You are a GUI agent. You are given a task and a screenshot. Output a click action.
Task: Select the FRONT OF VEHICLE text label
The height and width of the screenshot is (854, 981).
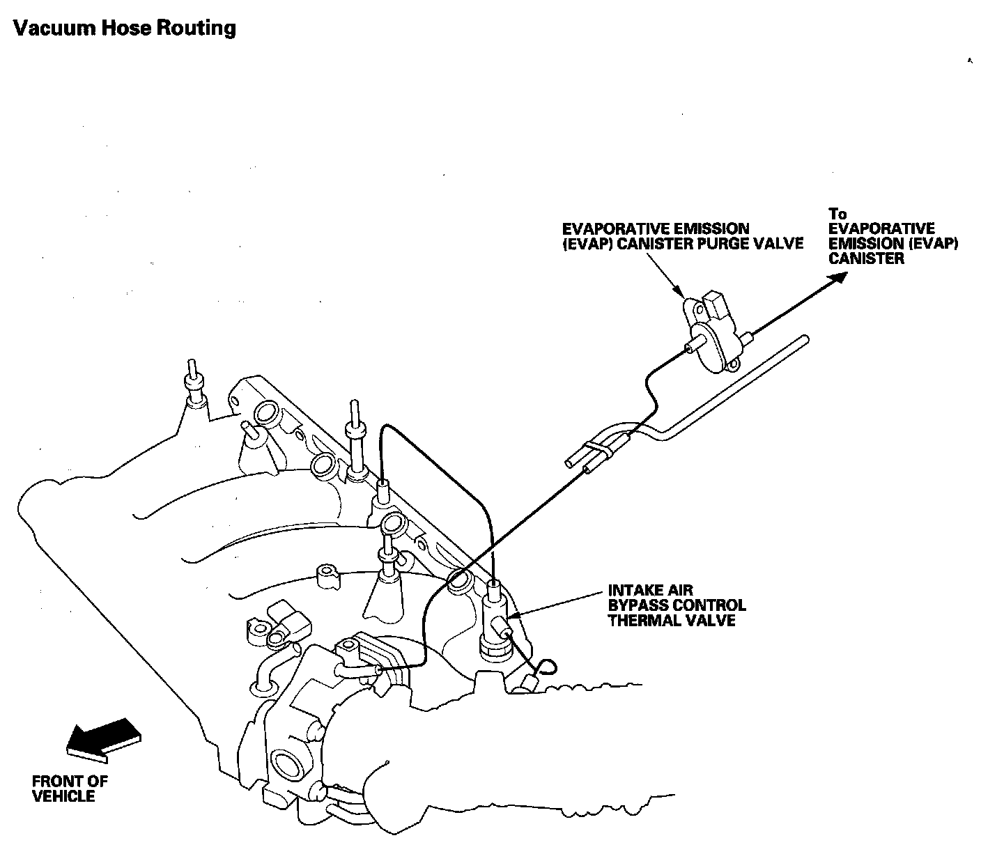click(x=70, y=789)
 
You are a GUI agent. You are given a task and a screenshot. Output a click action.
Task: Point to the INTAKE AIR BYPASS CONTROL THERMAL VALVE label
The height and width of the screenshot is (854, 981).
click(x=676, y=605)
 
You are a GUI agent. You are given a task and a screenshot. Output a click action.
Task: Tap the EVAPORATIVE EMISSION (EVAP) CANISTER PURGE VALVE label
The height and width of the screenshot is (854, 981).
click(x=683, y=236)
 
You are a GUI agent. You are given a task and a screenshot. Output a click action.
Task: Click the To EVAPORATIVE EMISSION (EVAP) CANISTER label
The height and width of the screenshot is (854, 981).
click(x=893, y=236)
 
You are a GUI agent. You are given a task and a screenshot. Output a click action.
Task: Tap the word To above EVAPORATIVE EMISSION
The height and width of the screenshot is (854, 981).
click(x=837, y=214)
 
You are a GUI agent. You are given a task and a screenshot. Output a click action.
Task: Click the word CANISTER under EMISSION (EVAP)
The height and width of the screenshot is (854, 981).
click(x=866, y=258)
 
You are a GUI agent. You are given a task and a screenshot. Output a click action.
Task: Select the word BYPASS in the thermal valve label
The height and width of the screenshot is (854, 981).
click(x=638, y=605)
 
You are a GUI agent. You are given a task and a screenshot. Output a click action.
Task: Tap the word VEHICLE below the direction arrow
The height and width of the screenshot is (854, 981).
click(x=63, y=796)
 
